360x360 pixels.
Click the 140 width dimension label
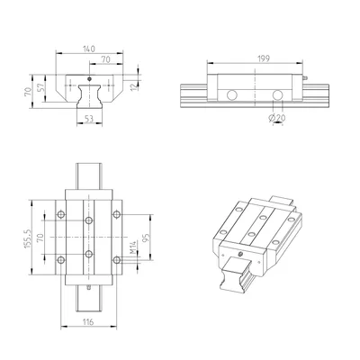pyautogui.click(x=89, y=49)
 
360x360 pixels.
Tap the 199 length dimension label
pyautogui.click(x=264, y=58)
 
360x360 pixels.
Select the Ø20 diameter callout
pyautogui.click(x=277, y=119)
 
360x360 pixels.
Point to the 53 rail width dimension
pyautogui.click(x=89, y=119)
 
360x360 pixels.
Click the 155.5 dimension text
pyautogui.click(x=28, y=239)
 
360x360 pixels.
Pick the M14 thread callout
pyautogui.click(x=133, y=247)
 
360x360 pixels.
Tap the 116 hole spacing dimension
pyautogui.click(x=88, y=322)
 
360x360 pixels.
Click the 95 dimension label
pyautogui.click(x=146, y=238)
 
